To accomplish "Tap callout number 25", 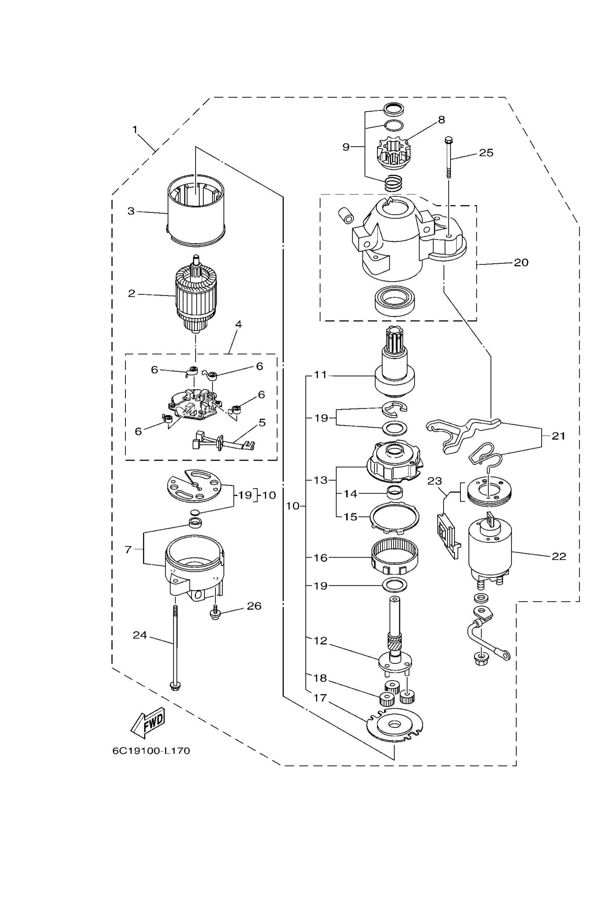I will [486, 153].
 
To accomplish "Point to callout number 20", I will [521, 262].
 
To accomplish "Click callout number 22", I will [559, 556].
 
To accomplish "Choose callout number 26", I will [254, 606].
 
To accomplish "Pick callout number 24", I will [140, 635].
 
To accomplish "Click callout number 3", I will [131, 211].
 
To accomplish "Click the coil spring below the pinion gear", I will [393, 182].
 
